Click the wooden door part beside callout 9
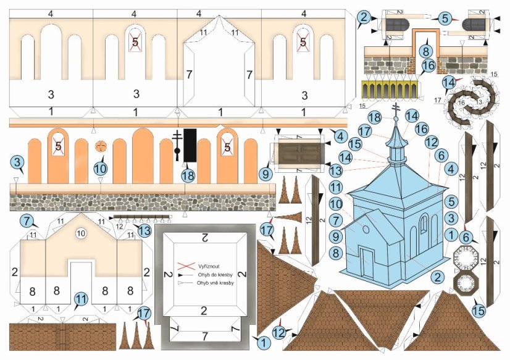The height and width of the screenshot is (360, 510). coord(299,154)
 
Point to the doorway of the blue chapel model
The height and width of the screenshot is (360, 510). coord(367,259)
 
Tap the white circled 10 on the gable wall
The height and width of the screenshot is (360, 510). coord(80,233)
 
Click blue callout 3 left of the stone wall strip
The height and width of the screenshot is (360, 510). coord(17,164)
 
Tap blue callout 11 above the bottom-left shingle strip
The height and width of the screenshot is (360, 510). coord(81,301)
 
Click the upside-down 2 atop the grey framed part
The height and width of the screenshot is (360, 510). coord(204,237)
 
